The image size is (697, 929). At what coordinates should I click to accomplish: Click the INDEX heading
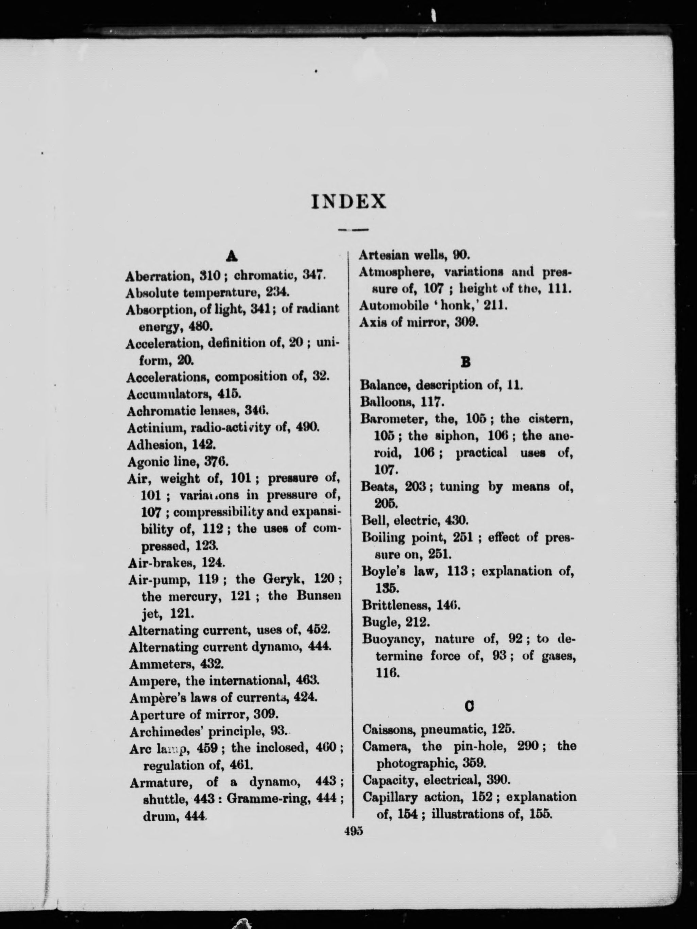tap(348, 202)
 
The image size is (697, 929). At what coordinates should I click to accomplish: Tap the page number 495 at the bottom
tap(353, 831)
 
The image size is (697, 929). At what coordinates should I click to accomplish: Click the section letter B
tap(465, 362)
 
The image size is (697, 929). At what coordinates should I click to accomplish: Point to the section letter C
tap(470, 707)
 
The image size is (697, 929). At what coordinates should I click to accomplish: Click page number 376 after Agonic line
tap(216, 462)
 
